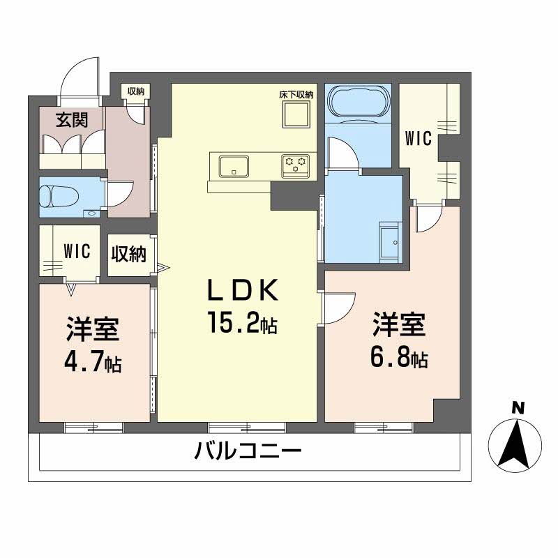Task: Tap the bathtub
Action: (358, 103)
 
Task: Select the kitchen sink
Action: (232, 167)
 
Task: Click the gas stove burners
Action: (295, 165)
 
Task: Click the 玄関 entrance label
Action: (71, 119)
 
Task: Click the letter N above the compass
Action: (517, 408)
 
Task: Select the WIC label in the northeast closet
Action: (418, 138)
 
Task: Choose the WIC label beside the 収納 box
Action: (77, 251)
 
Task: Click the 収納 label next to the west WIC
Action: (129, 253)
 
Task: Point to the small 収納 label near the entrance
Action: (135, 91)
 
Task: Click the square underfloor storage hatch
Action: (296, 114)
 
